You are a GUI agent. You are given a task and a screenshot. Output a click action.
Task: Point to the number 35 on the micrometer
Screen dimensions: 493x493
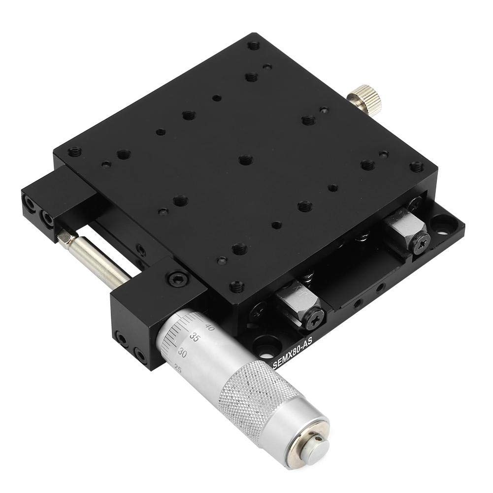194,338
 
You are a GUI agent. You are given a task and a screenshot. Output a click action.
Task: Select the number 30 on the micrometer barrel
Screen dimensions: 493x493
182,353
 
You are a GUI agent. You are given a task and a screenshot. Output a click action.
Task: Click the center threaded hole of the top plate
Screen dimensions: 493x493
245,159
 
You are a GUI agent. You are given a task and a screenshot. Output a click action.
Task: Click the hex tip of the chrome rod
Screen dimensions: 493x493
65,238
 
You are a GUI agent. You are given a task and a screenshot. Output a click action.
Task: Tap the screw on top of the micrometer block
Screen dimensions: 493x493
176,279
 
